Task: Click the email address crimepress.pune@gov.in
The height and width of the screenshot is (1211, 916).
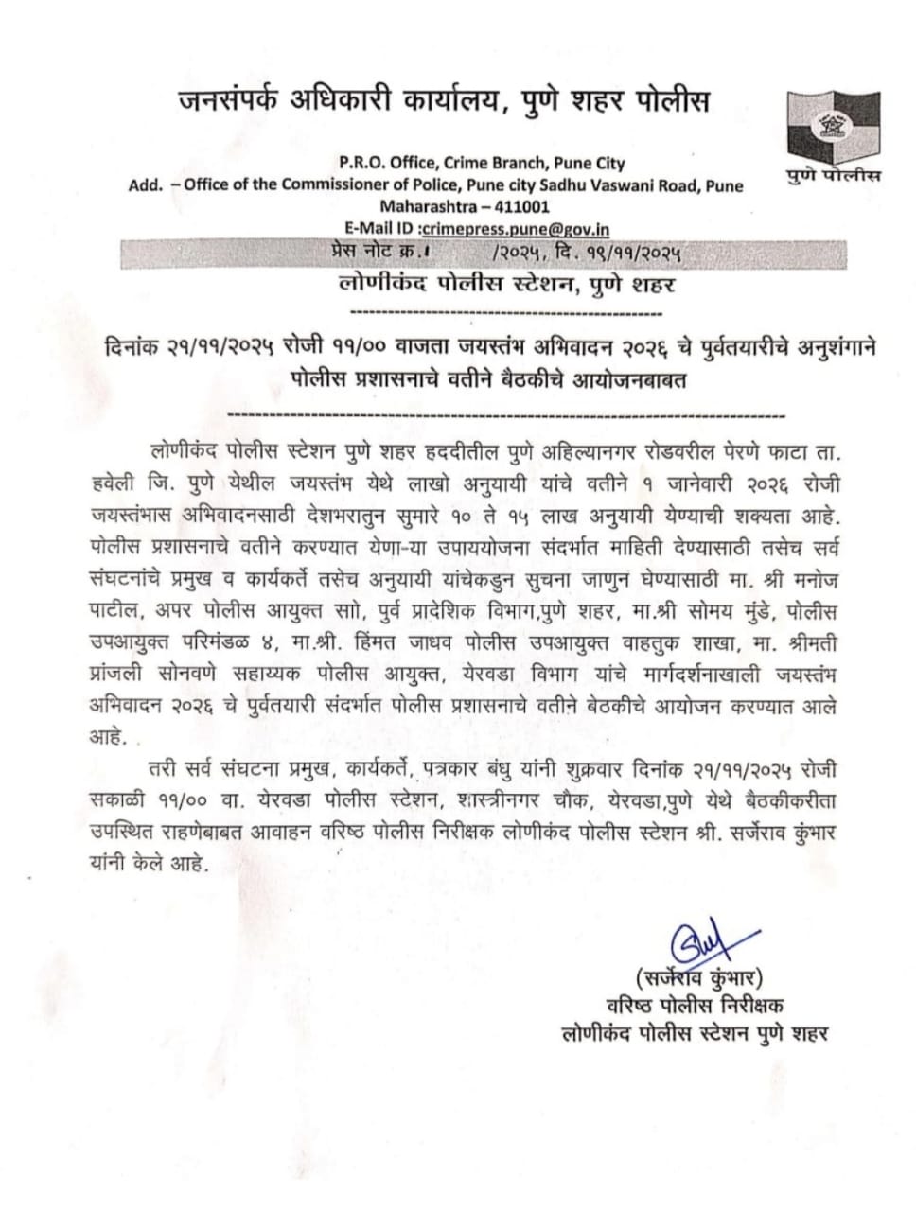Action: [x=515, y=228]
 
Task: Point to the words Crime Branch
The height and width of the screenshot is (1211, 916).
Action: [x=499, y=163]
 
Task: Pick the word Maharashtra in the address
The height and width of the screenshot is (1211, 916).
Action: [x=423, y=206]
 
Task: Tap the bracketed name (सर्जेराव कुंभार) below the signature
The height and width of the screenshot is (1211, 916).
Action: [x=699, y=977]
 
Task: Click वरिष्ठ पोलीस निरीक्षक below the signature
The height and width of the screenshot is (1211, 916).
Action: [x=695, y=1005]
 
